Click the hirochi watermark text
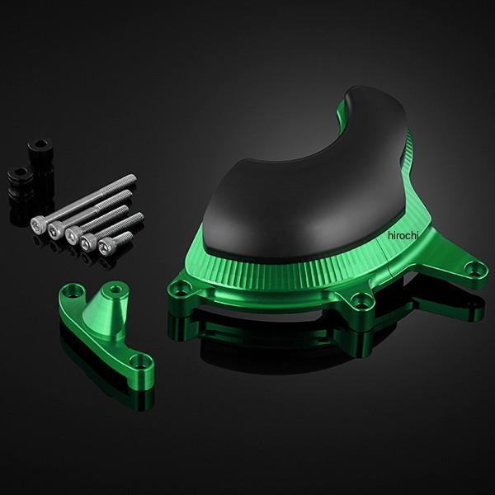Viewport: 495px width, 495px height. tap(403, 235)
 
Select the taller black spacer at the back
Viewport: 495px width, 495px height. tap(40, 158)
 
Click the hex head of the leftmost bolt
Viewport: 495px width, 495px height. tap(37, 224)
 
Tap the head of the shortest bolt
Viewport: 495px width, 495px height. tap(105, 246)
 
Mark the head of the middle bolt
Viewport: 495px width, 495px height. tap(72, 234)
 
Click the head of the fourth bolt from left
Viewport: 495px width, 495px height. tap(87, 242)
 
